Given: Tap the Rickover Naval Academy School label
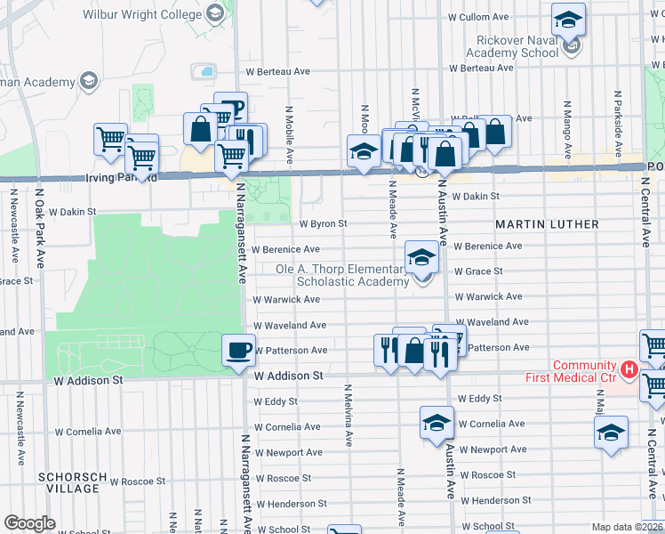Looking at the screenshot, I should click(504, 46).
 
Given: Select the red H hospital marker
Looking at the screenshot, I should click(629, 368).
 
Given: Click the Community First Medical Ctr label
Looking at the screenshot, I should click(584, 372).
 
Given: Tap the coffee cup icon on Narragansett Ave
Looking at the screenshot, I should click(237, 350).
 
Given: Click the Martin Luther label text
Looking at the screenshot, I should click(547, 224).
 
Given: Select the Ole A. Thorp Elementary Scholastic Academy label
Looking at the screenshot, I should click(350, 275).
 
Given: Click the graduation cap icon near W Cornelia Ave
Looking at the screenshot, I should click(437, 423).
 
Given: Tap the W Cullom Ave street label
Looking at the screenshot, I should click(478, 17).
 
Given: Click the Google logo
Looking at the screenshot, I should click(29, 523).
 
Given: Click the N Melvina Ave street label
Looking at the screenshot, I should click(349, 415).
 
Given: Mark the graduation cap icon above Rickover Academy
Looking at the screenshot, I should click(568, 19).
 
